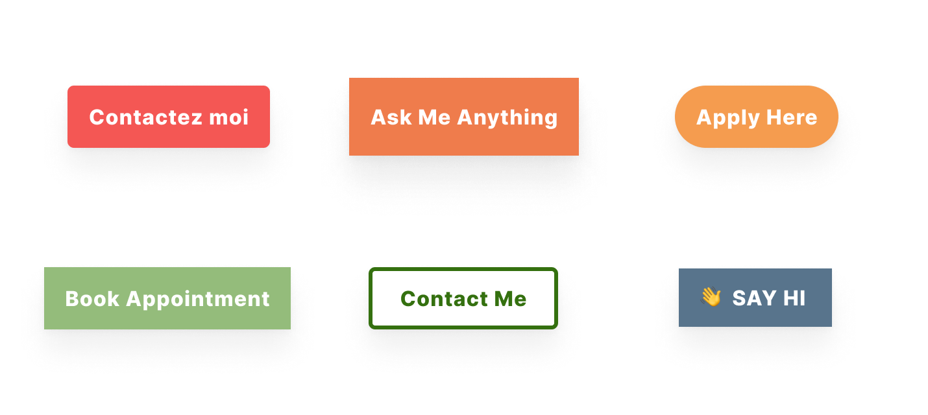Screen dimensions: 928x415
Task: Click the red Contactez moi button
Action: [x=169, y=117]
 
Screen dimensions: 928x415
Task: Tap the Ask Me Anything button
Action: [x=463, y=117]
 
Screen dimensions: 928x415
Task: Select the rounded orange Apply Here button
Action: [x=757, y=117]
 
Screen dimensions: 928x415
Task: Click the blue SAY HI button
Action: [x=755, y=298]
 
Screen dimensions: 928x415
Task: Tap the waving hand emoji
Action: [x=711, y=297]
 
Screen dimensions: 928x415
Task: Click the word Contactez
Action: [x=146, y=117]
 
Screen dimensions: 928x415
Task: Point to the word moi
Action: [x=228, y=117]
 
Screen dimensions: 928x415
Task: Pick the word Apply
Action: [x=727, y=118]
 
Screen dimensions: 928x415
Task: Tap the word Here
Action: [x=792, y=117]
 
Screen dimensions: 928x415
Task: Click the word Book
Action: [x=92, y=299]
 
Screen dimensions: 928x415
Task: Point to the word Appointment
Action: [x=198, y=300]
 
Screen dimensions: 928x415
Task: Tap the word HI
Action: [x=794, y=298]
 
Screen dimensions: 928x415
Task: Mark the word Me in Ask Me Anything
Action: [x=434, y=117]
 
